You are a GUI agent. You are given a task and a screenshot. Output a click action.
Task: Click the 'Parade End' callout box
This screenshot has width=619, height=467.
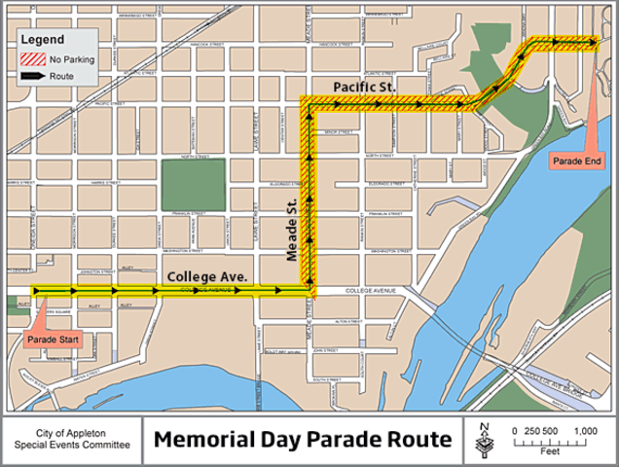(576, 160)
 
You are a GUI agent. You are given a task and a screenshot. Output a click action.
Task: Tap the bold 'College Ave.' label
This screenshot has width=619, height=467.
(207, 277)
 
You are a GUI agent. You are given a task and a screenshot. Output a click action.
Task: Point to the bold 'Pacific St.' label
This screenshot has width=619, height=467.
(363, 88)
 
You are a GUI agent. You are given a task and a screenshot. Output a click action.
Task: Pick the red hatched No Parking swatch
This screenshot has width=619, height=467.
(32, 59)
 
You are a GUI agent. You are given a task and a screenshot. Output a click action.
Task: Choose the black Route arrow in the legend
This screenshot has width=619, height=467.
(32, 75)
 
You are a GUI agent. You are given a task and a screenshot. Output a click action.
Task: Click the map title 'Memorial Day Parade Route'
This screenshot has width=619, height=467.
(303, 440)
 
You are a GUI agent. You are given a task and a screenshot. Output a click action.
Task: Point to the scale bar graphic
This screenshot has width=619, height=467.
(549, 442)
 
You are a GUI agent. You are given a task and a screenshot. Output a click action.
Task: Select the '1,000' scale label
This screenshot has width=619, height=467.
(584, 430)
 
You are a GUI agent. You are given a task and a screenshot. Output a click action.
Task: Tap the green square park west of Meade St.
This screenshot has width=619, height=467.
(193, 184)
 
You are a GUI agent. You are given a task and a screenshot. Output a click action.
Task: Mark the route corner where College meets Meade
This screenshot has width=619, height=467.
(309, 289)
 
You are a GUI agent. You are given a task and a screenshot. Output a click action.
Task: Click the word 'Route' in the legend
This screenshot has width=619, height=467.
(62, 75)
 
